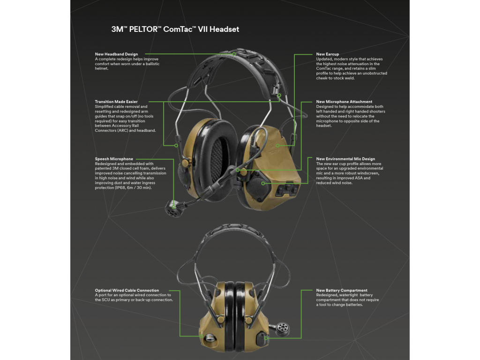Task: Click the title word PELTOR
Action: [x=143, y=29]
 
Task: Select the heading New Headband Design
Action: [x=116, y=54]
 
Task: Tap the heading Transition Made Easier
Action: [x=116, y=102]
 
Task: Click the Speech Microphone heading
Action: [x=114, y=159]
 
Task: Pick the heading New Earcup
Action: [x=327, y=54]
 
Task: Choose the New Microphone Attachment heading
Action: [x=344, y=102]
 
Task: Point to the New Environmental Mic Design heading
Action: [x=345, y=159]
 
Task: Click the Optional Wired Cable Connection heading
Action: [x=127, y=291]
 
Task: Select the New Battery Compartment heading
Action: [x=342, y=291]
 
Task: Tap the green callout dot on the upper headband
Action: [x=235, y=54]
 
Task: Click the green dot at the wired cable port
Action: [x=202, y=336]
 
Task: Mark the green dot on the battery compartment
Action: [x=266, y=337]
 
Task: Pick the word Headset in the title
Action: [x=224, y=29]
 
